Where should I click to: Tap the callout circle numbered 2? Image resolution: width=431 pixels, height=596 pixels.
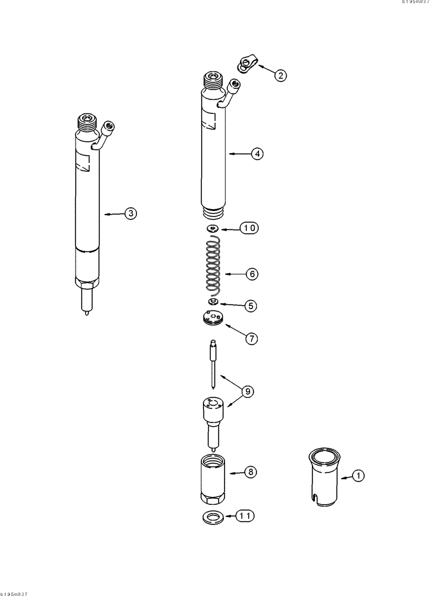coord(280,75)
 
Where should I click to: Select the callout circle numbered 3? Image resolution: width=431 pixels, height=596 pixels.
coord(131,213)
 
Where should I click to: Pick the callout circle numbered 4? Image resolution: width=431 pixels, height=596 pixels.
coord(257,154)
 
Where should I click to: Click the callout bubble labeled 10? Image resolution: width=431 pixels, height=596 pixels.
coord(250,228)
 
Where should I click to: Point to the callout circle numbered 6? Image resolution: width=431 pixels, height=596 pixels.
coord(252,274)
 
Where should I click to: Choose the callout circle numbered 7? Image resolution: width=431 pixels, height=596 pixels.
coord(252,339)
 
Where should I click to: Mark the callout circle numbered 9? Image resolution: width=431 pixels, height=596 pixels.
coord(248,392)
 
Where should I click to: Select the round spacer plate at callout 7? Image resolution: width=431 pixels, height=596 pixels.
coord(212,320)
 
